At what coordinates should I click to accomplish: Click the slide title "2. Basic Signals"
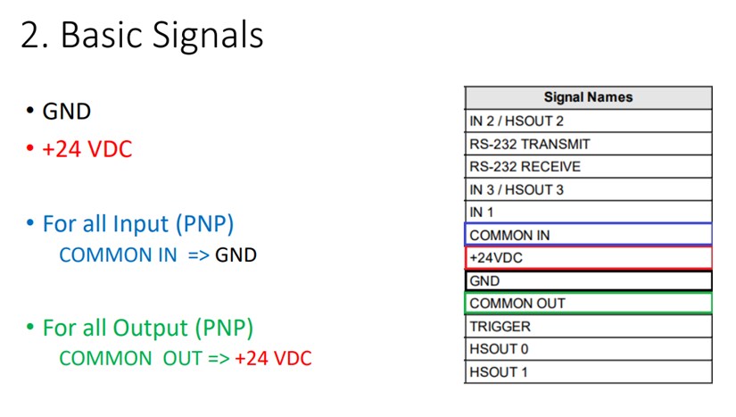142,35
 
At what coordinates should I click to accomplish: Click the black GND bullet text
67,112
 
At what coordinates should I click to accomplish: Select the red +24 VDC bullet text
87,149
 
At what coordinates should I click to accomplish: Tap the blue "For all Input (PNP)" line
138,224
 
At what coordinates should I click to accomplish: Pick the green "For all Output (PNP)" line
148,329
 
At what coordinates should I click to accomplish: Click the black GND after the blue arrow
236,255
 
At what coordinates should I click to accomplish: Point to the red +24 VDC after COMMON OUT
273,358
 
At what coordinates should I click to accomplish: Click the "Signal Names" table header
588,97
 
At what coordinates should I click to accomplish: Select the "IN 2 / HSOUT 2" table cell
588,121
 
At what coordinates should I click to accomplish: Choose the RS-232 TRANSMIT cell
588,144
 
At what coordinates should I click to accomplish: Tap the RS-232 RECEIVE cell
588,166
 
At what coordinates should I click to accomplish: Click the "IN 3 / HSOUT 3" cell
588,189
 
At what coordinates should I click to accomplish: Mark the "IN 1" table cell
588,213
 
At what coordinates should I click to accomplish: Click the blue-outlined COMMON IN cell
588,235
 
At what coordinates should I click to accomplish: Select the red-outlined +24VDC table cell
588,258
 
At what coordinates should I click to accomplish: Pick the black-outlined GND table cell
588,280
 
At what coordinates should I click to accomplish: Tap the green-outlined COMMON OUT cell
588,304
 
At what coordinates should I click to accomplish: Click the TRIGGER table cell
588,327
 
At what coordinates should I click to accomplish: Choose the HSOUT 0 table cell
588,349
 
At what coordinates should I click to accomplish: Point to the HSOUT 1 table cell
588,372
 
